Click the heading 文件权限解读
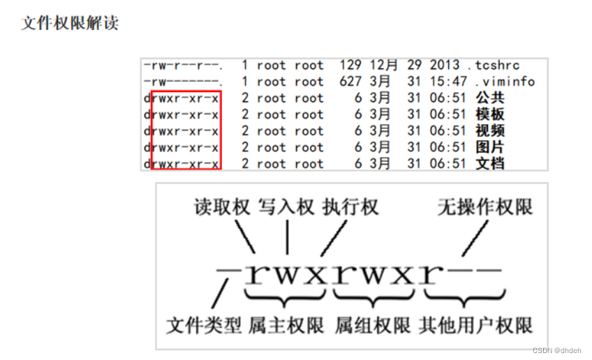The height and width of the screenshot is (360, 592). pos(70,22)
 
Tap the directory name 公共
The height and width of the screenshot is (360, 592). pos(489,98)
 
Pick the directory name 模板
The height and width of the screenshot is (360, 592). pos(489,114)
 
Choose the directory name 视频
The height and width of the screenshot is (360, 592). pos(489,131)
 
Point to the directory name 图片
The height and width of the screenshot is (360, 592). pos(489,147)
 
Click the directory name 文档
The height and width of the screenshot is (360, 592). pos(489,164)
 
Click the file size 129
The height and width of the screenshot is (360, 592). pos(350,66)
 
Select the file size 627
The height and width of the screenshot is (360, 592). pos(350,82)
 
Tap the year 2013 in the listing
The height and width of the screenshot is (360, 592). pos(445,66)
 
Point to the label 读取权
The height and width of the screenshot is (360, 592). pos(222,207)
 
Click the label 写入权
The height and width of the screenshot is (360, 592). pos(286,207)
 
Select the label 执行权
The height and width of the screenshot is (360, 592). pos(350,207)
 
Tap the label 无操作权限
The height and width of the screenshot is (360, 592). pos(484,207)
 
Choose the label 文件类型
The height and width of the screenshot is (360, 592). pos(204,325)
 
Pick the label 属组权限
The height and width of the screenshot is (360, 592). pos(373,325)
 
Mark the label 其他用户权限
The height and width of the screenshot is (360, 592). pos(475,325)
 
